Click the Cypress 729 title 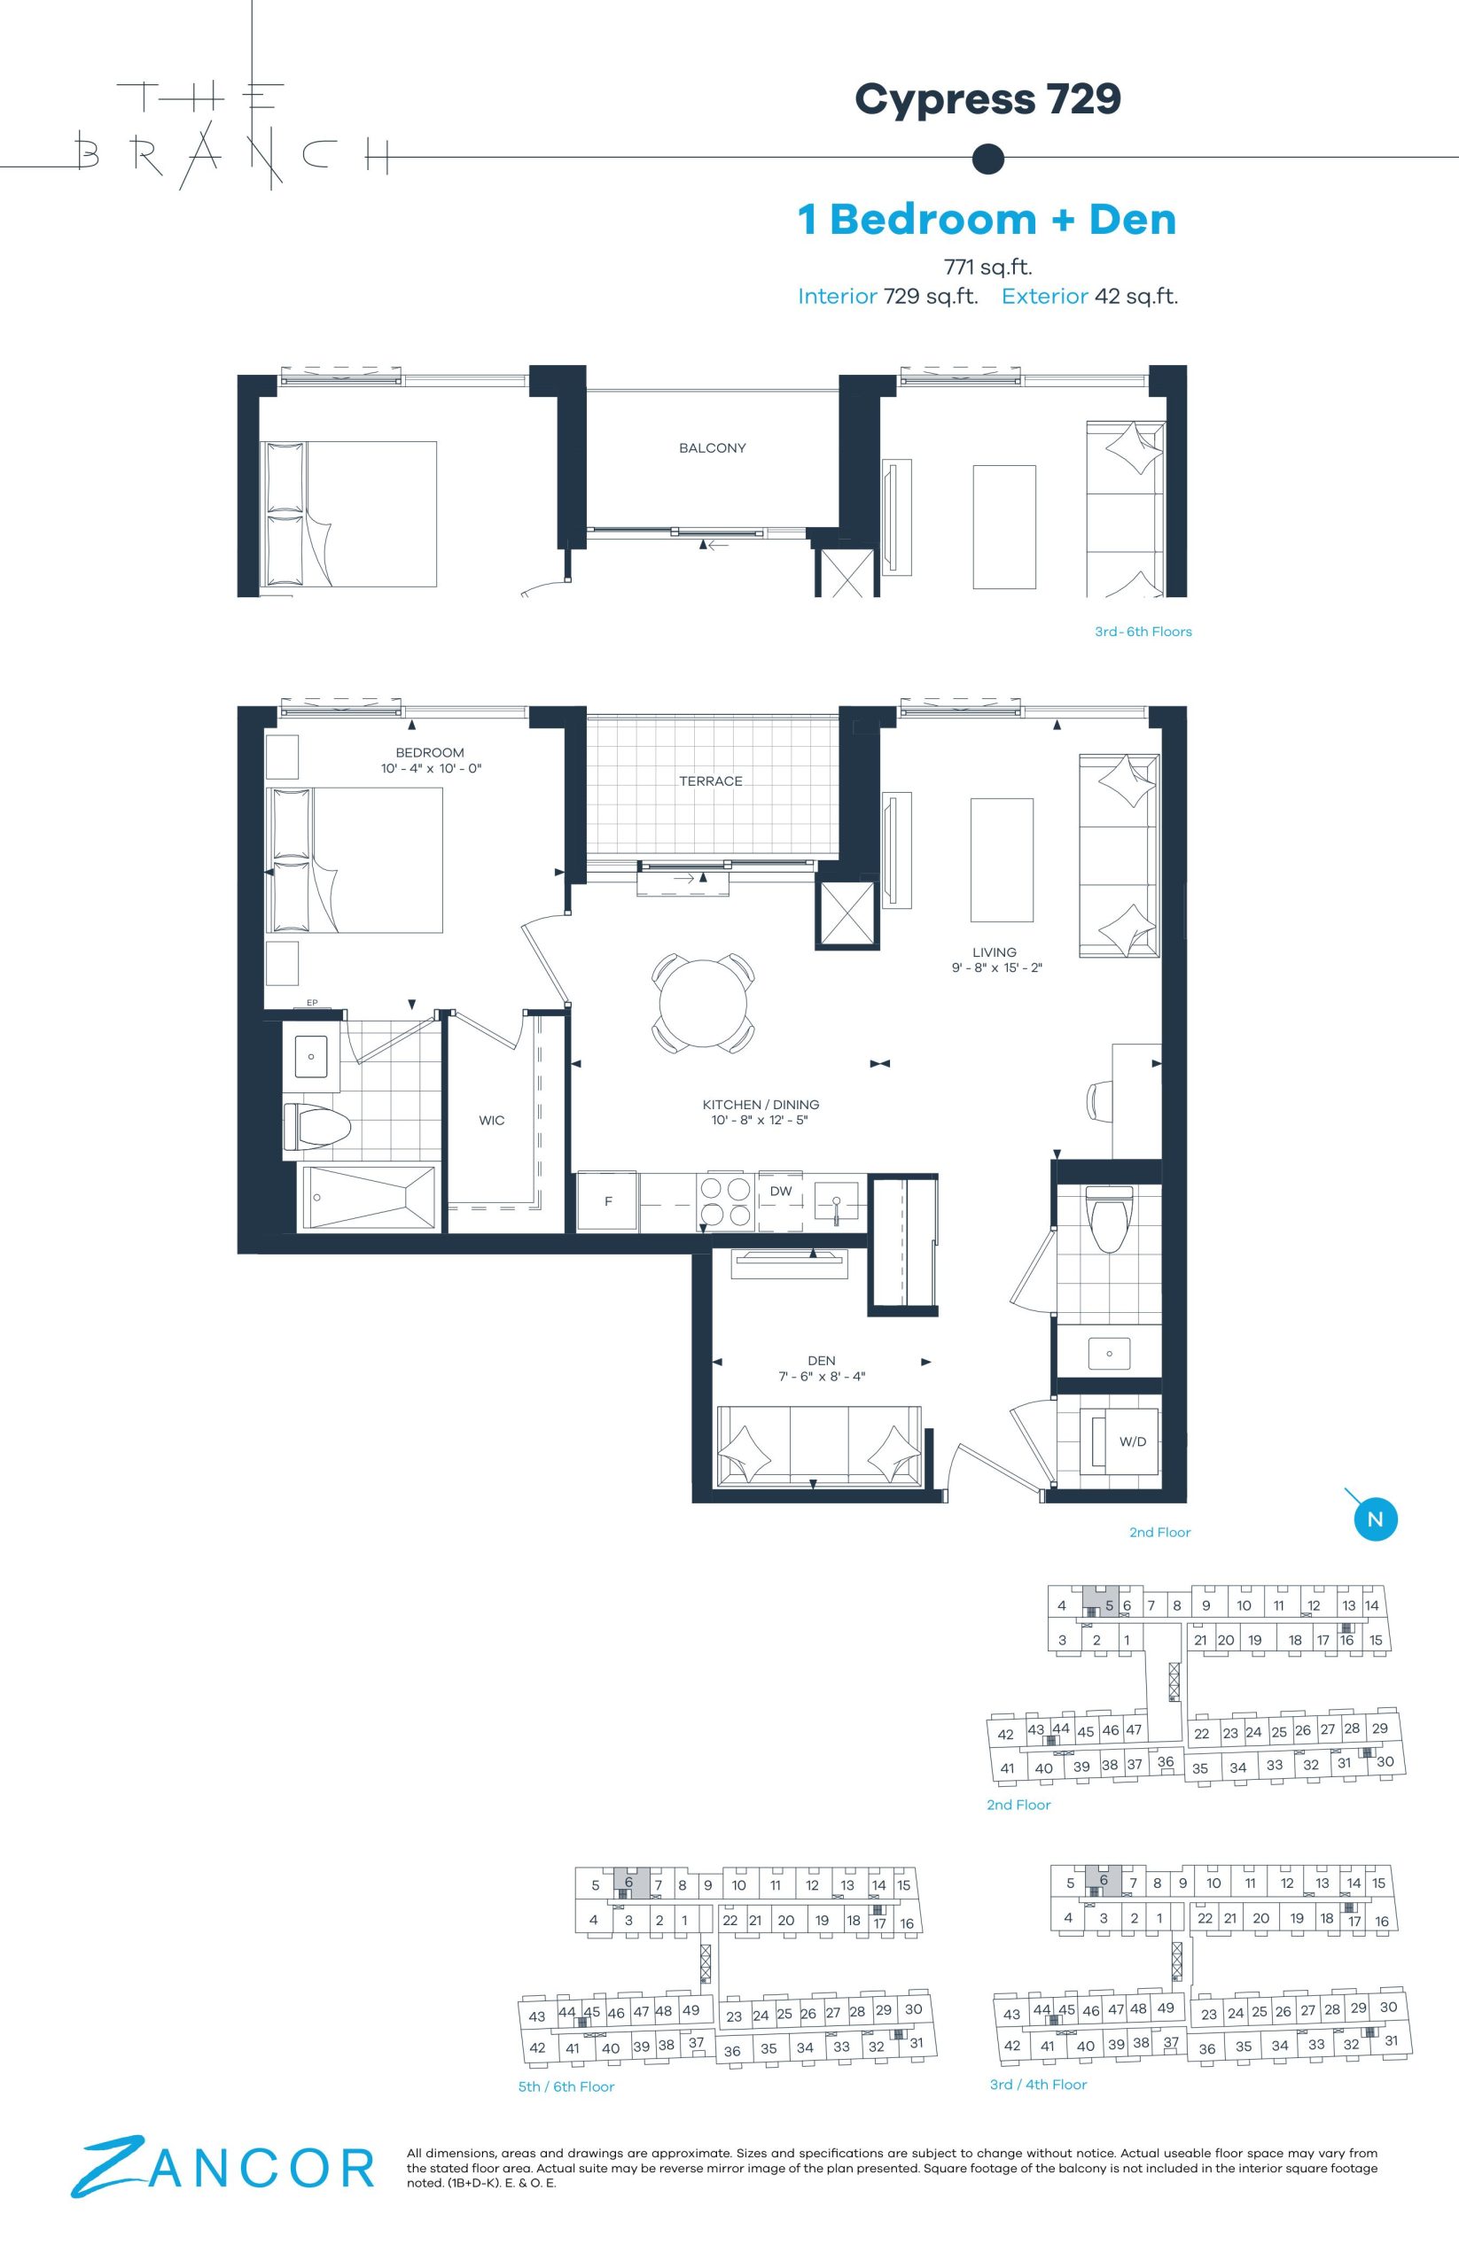[x=988, y=99]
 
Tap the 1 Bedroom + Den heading [x=987, y=220]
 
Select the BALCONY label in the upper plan [x=713, y=448]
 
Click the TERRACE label [x=711, y=781]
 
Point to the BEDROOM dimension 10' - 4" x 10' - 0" [x=432, y=768]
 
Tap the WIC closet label [x=492, y=1121]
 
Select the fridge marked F [x=608, y=1201]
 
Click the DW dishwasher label [x=781, y=1192]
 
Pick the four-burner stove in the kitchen [x=725, y=1201]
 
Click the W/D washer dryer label [x=1133, y=1441]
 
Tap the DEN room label [x=822, y=1361]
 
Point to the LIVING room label [x=994, y=952]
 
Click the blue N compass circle [x=1376, y=1519]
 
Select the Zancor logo [x=223, y=2166]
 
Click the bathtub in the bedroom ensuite [x=368, y=1199]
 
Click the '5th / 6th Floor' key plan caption [x=566, y=2086]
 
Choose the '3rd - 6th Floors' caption [x=1143, y=632]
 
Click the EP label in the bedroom [x=312, y=1003]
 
